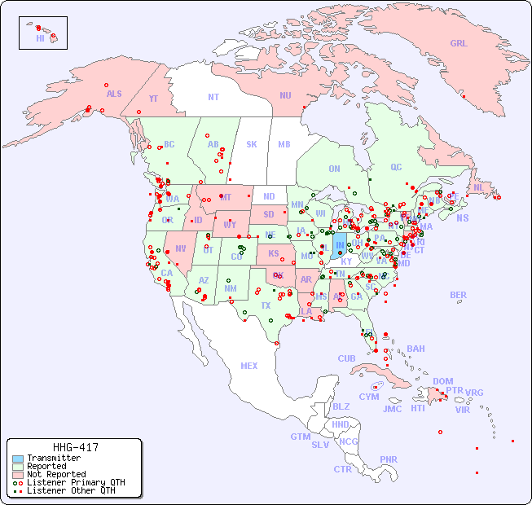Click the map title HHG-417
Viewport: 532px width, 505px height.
[75, 447]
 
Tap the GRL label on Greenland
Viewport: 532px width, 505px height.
[459, 43]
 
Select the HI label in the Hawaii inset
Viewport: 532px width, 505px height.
[40, 38]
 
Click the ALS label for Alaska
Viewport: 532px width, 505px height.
[114, 94]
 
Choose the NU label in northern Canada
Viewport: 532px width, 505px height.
[285, 95]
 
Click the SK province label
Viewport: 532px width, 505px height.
[252, 144]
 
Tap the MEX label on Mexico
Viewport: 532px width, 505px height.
[249, 366]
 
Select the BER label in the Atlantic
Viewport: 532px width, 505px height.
[459, 295]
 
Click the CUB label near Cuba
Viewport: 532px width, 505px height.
[346, 358]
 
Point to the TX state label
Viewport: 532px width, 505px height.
[266, 305]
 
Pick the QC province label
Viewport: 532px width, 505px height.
[396, 167]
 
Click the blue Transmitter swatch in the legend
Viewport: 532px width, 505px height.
[18, 459]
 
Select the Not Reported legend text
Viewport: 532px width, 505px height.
[56, 474]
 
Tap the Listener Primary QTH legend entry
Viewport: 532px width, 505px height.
[76, 482]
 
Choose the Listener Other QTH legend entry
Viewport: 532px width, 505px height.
[71, 490]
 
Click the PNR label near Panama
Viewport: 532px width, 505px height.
[389, 459]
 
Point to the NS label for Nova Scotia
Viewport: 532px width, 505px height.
[462, 217]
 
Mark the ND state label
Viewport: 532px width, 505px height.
[269, 196]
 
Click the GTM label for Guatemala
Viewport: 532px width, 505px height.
[300, 437]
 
